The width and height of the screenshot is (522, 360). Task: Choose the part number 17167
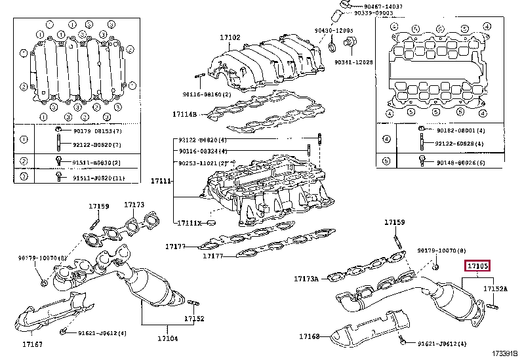32,344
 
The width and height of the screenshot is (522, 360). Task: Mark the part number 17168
309,336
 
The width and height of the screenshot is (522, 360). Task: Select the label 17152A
496,289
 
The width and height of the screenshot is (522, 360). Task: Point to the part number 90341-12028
353,62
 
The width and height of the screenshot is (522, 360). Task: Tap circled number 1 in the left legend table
24,140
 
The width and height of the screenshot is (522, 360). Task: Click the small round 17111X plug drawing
211,224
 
